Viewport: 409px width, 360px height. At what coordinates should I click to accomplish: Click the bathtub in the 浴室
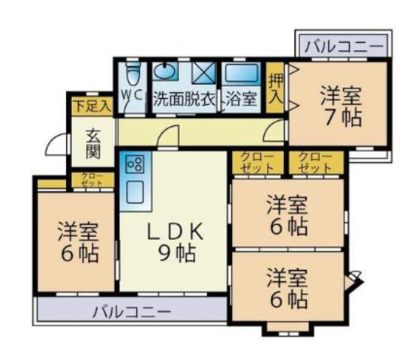pyautogui.click(x=242, y=73)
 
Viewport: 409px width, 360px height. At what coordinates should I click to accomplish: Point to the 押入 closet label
pyautogui.click(x=275, y=88)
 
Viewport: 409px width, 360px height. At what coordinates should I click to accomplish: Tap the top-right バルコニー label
pyautogui.click(x=344, y=46)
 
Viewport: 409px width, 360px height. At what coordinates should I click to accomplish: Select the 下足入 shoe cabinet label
pyautogui.click(x=93, y=106)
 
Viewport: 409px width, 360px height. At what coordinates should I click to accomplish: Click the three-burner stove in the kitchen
pyautogui.click(x=134, y=163)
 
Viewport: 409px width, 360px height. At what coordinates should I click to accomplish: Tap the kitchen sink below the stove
pyautogui.click(x=134, y=192)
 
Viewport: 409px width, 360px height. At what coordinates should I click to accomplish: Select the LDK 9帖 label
pyautogui.click(x=175, y=242)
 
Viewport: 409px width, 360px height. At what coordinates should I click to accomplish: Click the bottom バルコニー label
pyautogui.click(x=133, y=312)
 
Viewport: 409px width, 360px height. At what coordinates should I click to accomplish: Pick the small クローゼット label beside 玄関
pyautogui.click(x=92, y=179)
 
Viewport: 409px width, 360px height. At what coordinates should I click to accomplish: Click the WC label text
pyautogui.click(x=133, y=95)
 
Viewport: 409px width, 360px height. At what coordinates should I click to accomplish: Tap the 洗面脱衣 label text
pyautogui.click(x=185, y=99)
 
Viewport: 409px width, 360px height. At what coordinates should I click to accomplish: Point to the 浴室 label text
pyautogui.click(x=242, y=99)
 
